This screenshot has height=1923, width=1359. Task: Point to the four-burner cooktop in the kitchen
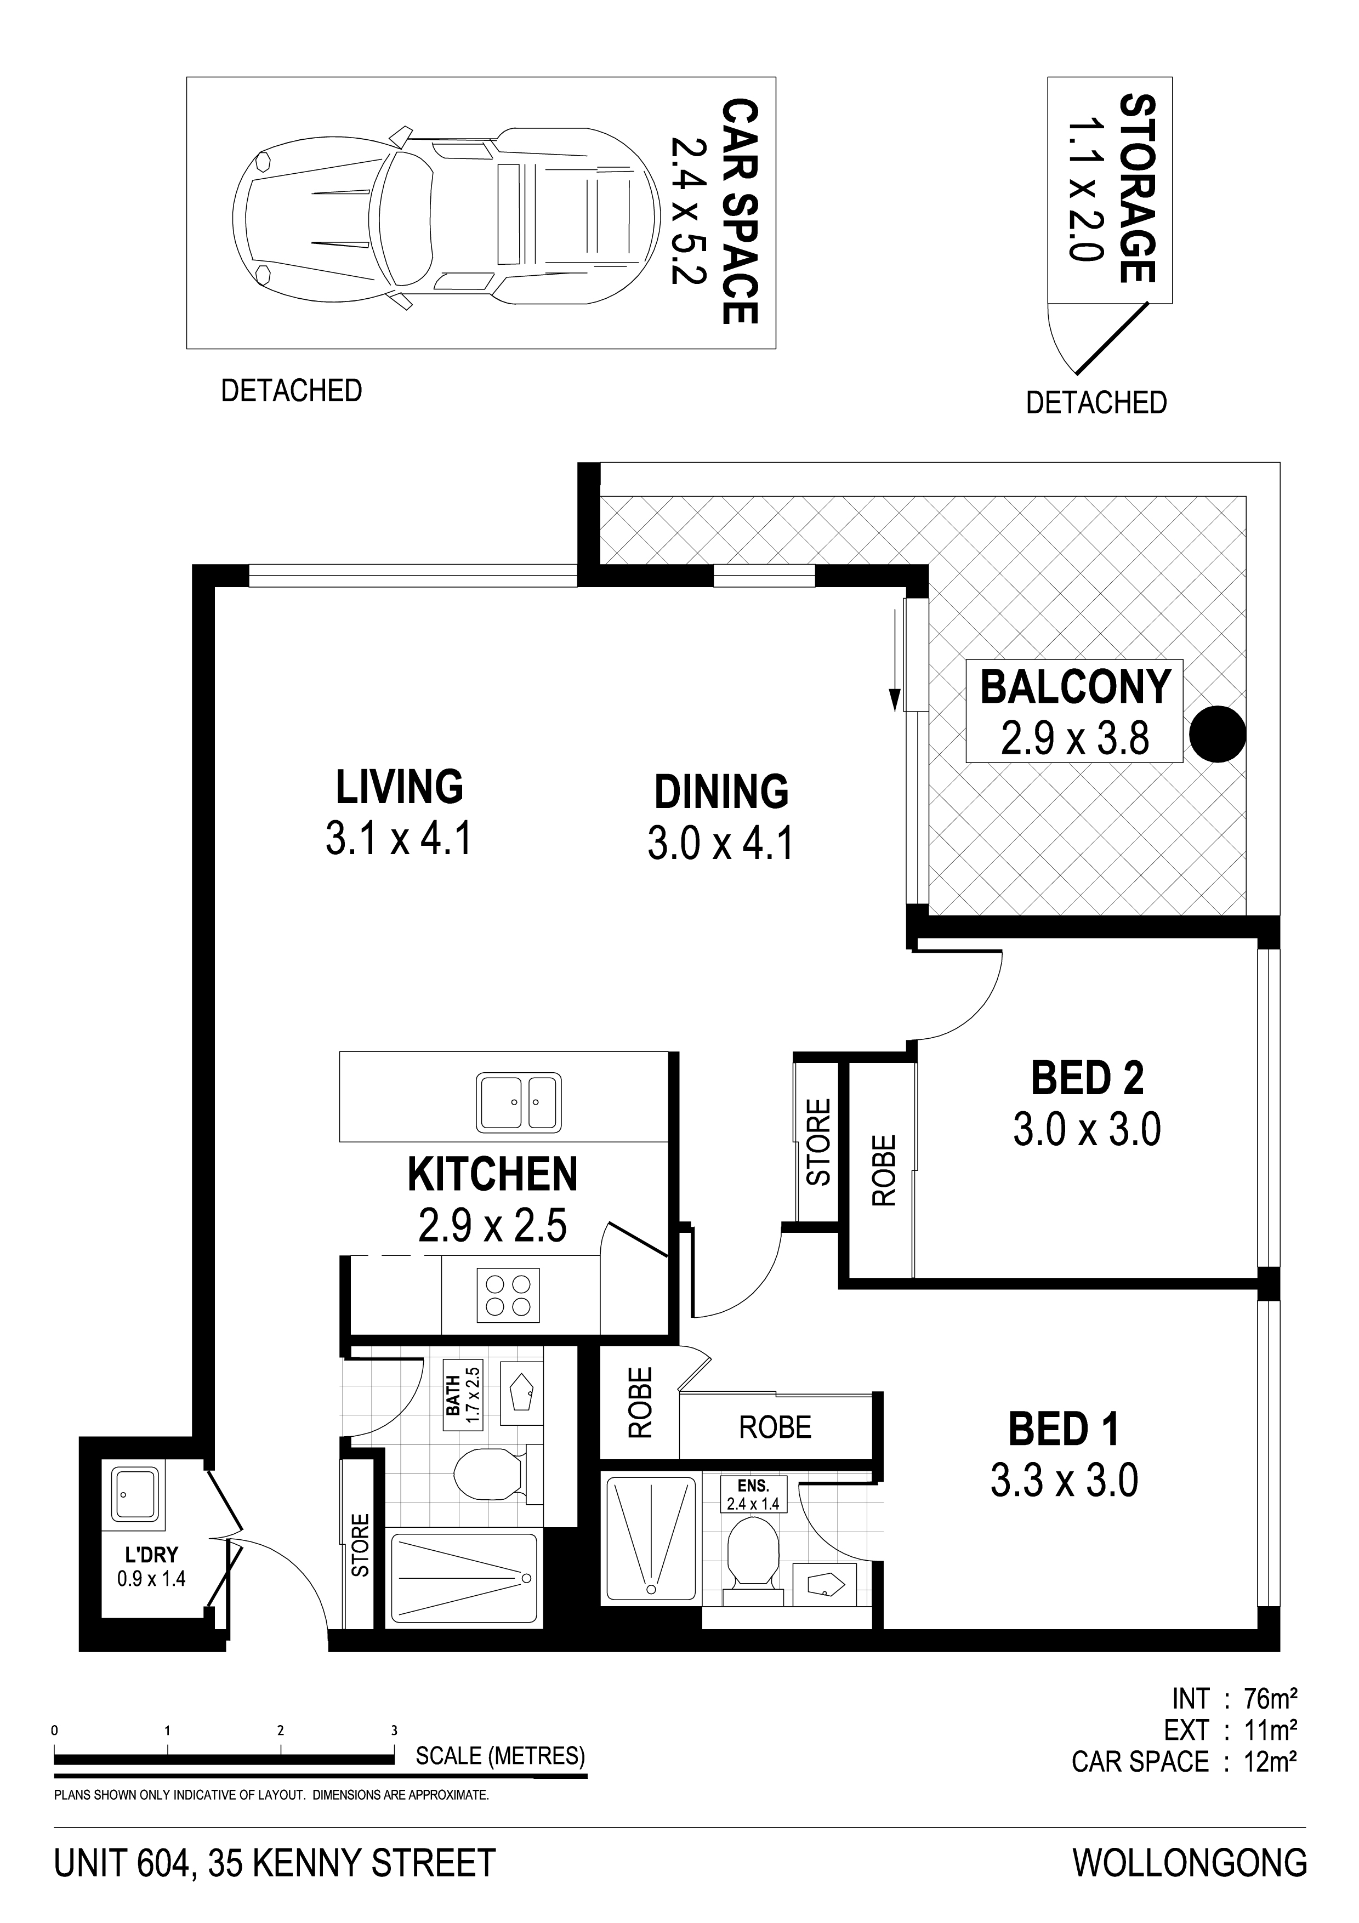click(508, 1296)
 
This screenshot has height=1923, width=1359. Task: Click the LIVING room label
click(400, 787)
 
